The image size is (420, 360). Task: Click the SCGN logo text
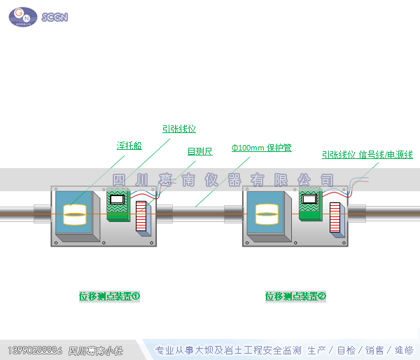55,17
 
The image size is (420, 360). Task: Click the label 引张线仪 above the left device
178,129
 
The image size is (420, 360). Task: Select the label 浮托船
129,146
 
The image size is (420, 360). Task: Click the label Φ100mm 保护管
261,148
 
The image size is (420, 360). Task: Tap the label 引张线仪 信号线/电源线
367,155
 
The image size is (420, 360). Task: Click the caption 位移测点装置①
109,296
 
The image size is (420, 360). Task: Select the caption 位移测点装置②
295,296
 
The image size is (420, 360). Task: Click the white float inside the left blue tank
74,214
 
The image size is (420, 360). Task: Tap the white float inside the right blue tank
267,214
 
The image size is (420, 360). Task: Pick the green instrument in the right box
309,205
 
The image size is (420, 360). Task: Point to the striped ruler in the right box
335,218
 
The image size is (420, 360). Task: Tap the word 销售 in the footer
374,349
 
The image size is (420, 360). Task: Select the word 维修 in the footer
403,349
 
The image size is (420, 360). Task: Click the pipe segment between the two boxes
199,212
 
